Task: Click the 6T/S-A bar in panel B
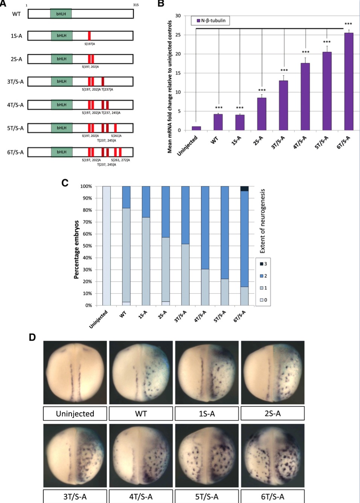pyautogui.click(x=349, y=81)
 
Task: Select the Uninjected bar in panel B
pyautogui.click(x=196, y=128)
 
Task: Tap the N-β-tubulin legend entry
pyautogui.click(x=211, y=21)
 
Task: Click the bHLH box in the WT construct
pyautogui.click(x=61, y=14)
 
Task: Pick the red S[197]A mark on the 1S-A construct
pyautogui.click(x=89, y=36)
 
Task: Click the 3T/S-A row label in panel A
pyautogui.click(x=15, y=82)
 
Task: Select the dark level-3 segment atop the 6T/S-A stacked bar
pyautogui.click(x=244, y=189)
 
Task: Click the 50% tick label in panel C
pyautogui.click(x=87, y=246)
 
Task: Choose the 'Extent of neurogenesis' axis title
pyautogui.click(x=263, y=221)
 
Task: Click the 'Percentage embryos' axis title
pyautogui.click(x=76, y=249)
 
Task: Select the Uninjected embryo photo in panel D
pyautogui.click(x=75, y=372)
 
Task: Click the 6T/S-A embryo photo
pyautogui.click(x=273, y=456)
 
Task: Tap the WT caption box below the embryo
pyautogui.click(x=141, y=413)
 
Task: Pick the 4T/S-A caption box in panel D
pyautogui.click(x=141, y=497)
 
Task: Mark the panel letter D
pyautogui.click(x=32, y=337)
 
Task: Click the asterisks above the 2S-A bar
pyautogui.click(x=262, y=90)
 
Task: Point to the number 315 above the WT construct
pyautogui.click(x=136, y=5)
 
